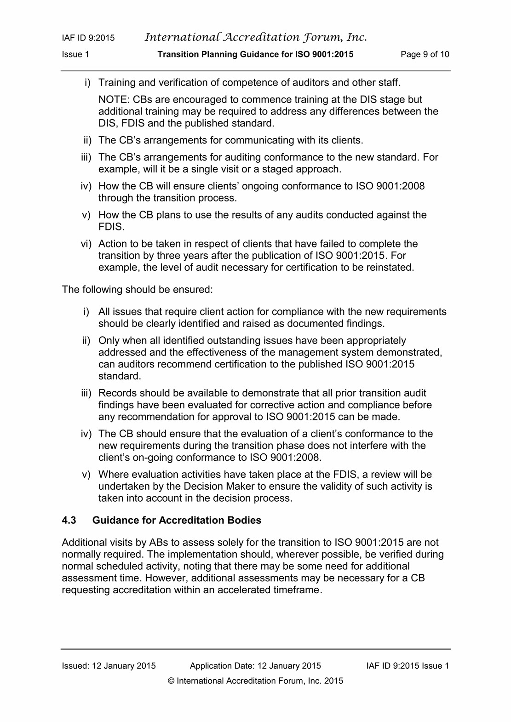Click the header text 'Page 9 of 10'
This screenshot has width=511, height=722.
[425, 54]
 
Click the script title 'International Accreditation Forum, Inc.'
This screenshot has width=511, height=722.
[256, 37]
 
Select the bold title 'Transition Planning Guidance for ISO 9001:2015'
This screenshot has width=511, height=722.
[255, 54]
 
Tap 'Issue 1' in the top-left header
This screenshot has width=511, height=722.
[75, 54]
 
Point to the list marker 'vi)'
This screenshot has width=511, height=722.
[86, 244]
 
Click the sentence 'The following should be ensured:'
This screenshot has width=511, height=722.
[137, 290]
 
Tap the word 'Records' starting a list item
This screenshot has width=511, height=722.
[117, 393]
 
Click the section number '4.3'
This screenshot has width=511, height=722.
[69, 520]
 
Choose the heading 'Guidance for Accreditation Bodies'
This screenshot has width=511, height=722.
[177, 520]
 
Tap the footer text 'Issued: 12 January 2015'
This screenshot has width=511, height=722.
[109, 666]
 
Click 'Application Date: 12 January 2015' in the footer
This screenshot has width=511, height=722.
[255, 666]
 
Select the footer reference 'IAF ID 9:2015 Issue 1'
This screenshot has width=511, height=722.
[408, 666]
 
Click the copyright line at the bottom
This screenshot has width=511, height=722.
[255, 681]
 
